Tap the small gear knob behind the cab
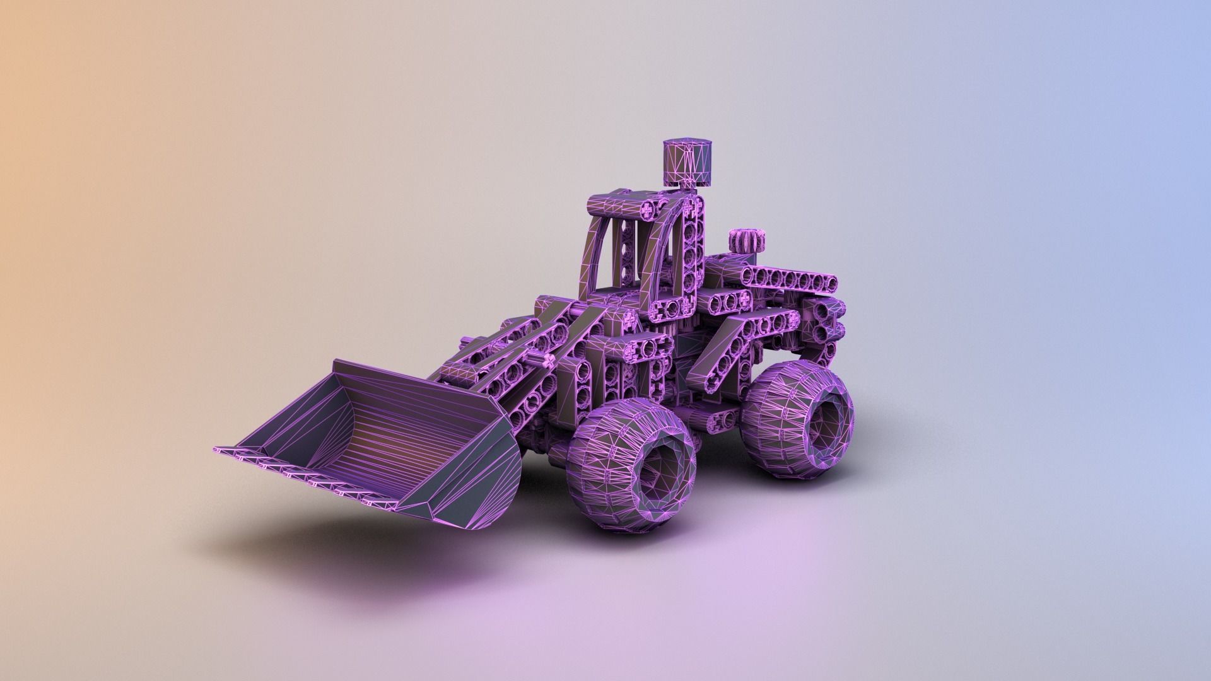click(x=747, y=241)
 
